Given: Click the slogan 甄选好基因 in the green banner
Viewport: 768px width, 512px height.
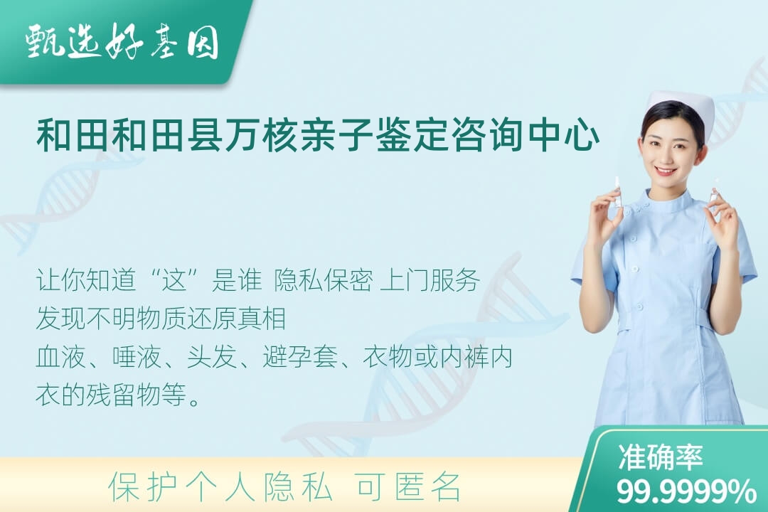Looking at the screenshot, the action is click(x=122, y=42).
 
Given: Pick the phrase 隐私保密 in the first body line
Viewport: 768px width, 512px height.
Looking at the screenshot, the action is click(x=324, y=280).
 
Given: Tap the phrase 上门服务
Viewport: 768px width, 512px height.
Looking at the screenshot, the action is click(x=430, y=280).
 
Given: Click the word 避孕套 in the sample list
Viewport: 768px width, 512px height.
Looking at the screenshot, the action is click(x=300, y=356).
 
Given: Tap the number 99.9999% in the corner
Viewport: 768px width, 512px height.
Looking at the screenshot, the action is click(x=686, y=491).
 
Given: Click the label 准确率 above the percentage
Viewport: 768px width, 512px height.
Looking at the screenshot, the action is click(x=661, y=456).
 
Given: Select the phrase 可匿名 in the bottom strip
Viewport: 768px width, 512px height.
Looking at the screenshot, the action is click(x=409, y=487).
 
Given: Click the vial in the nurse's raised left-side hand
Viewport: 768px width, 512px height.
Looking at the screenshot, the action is click(x=618, y=193).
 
